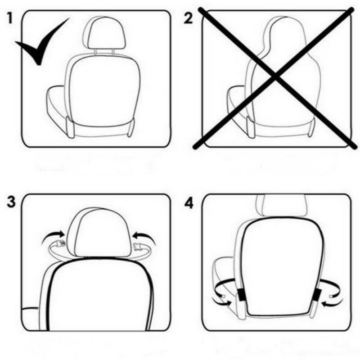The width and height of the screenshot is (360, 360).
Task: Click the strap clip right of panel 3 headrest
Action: [140, 246]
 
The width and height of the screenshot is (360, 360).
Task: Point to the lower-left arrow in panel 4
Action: [222, 301]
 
